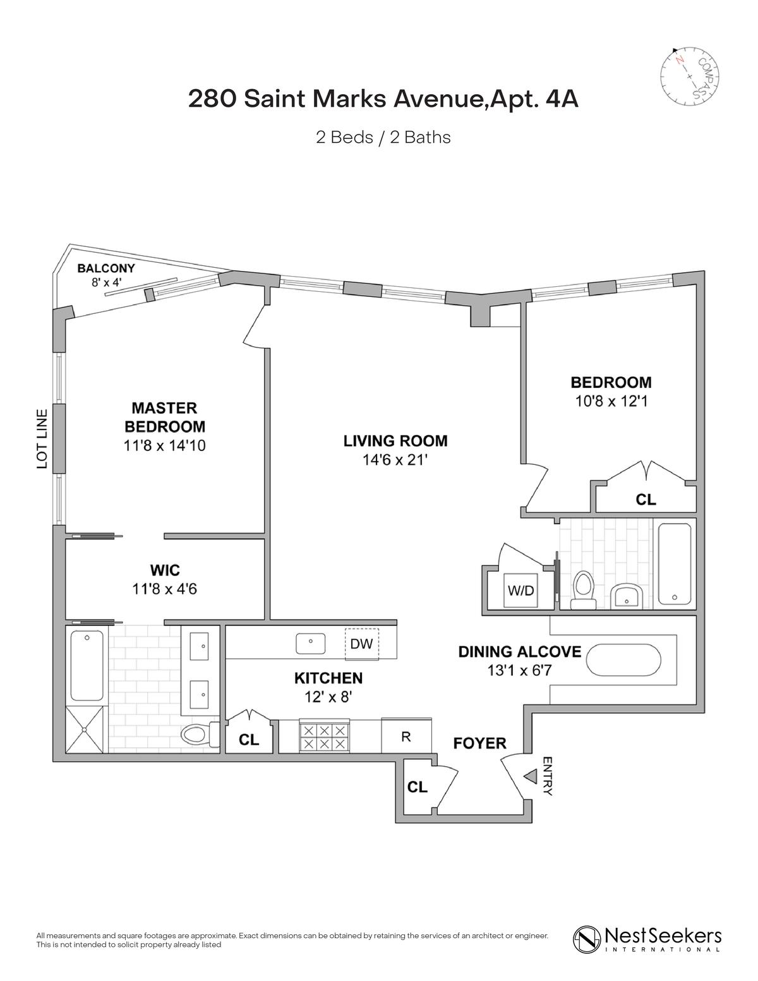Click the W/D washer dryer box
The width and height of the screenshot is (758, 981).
click(x=521, y=591)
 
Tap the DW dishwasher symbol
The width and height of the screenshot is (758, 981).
click(x=361, y=644)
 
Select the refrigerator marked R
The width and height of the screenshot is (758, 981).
click(x=406, y=737)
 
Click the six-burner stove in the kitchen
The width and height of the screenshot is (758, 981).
click(x=324, y=737)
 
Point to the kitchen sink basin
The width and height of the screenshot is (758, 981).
click(x=311, y=643)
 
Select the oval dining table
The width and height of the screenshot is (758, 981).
click(x=623, y=660)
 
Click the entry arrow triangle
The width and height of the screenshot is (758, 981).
click(x=530, y=776)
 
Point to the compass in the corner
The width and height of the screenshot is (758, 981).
click(x=690, y=76)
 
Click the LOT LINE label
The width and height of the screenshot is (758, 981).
click(x=42, y=439)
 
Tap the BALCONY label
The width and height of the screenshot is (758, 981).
click(x=106, y=268)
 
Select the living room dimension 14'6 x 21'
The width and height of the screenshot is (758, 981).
click(x=395, y=460)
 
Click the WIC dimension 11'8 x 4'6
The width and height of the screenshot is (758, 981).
click(x=165, y=589)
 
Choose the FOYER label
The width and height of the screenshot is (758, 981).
click(x=479, y=743)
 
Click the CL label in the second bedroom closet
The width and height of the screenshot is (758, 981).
click(x=646, y=499)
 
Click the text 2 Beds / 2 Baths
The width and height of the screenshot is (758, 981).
click(x=383, y=137)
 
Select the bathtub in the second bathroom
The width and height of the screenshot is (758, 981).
click(x=675, y=564)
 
